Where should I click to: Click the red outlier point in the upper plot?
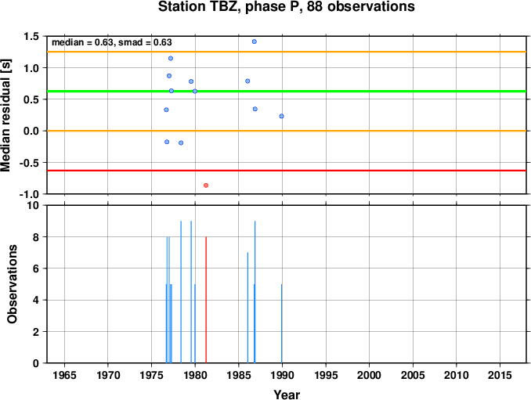point(206,185)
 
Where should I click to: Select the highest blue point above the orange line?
point(255,41)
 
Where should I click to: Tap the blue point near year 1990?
point(281,116)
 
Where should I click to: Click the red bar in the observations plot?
point(206,300)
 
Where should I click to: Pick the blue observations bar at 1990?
point(281,323)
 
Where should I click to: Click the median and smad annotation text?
point(112,42)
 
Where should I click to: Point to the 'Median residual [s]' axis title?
point(5,115)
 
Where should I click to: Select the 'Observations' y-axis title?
point(13,284)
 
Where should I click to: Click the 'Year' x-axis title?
point(287,395)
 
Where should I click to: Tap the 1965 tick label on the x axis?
point(64,375)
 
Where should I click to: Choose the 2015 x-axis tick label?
point(500,375)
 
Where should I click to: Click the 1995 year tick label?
point(326,375)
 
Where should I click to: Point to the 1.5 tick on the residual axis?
point(31,36)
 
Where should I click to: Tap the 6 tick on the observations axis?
point(35,268)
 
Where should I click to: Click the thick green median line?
point(287,91)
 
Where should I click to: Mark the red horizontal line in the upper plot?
point(287,171)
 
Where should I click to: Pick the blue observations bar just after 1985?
point(247,308)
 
